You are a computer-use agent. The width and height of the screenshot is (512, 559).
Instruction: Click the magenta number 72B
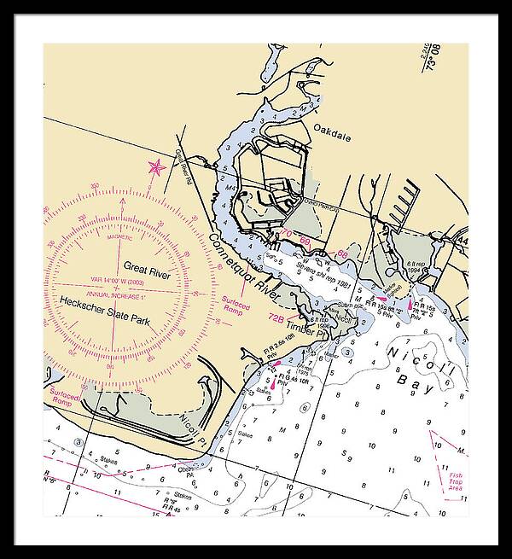pyautogui.click(x=276, y=317)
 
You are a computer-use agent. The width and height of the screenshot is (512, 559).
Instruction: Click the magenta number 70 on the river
pyautogui.click(x=287, y=234)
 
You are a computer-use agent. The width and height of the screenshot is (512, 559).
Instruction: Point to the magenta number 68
pyautogui.click(x=342, y=253)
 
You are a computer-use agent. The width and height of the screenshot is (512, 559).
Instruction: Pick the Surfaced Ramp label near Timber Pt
pyautogui.click(x=236, y=303)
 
